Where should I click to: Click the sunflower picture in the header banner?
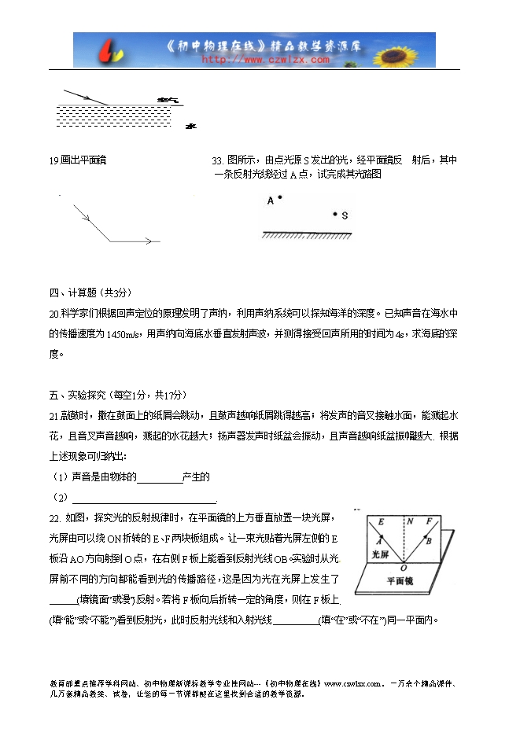(x=412, y=49)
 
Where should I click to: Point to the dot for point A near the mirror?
(x=279, y=198)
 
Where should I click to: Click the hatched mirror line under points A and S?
(x=307, y=234)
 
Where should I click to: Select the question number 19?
(x=53, y=160)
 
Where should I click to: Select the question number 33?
(x=218, y=160)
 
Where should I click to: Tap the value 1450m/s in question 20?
(x=121, y=333)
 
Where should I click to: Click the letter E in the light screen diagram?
(x=381, y=521)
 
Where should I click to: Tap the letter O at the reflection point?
(x=404, y=566)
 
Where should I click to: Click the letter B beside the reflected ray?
(x=428, y=541)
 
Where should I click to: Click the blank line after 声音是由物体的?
(x=160, y=478)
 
